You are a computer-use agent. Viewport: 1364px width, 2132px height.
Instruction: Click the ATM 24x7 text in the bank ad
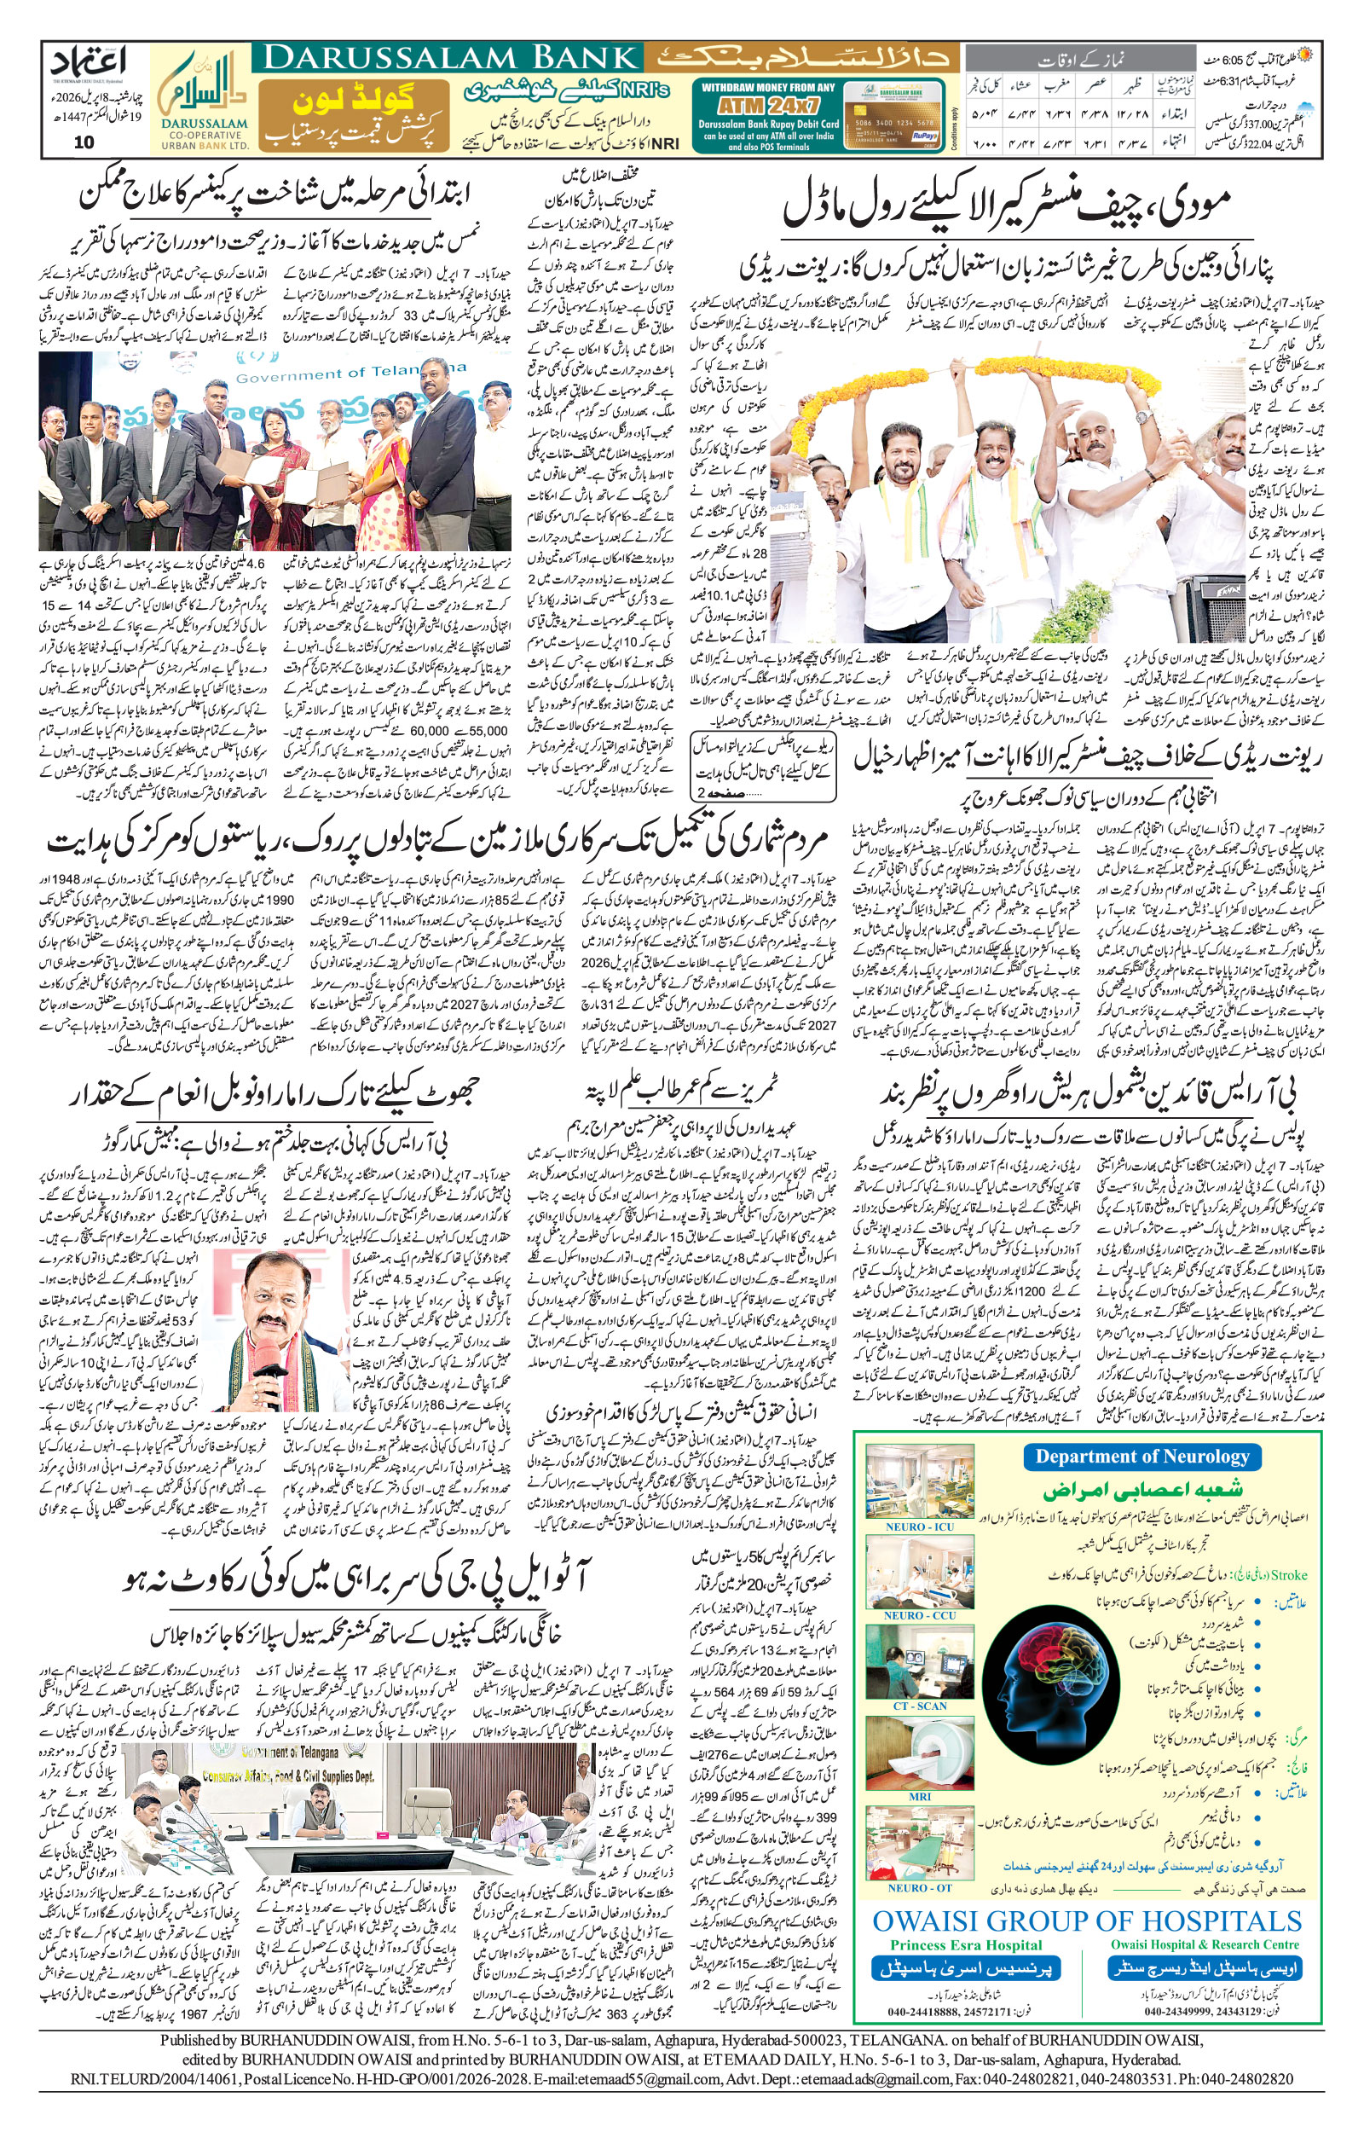point(767,102)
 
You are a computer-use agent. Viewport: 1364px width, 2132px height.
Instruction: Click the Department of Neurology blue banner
point(1141,1457)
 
